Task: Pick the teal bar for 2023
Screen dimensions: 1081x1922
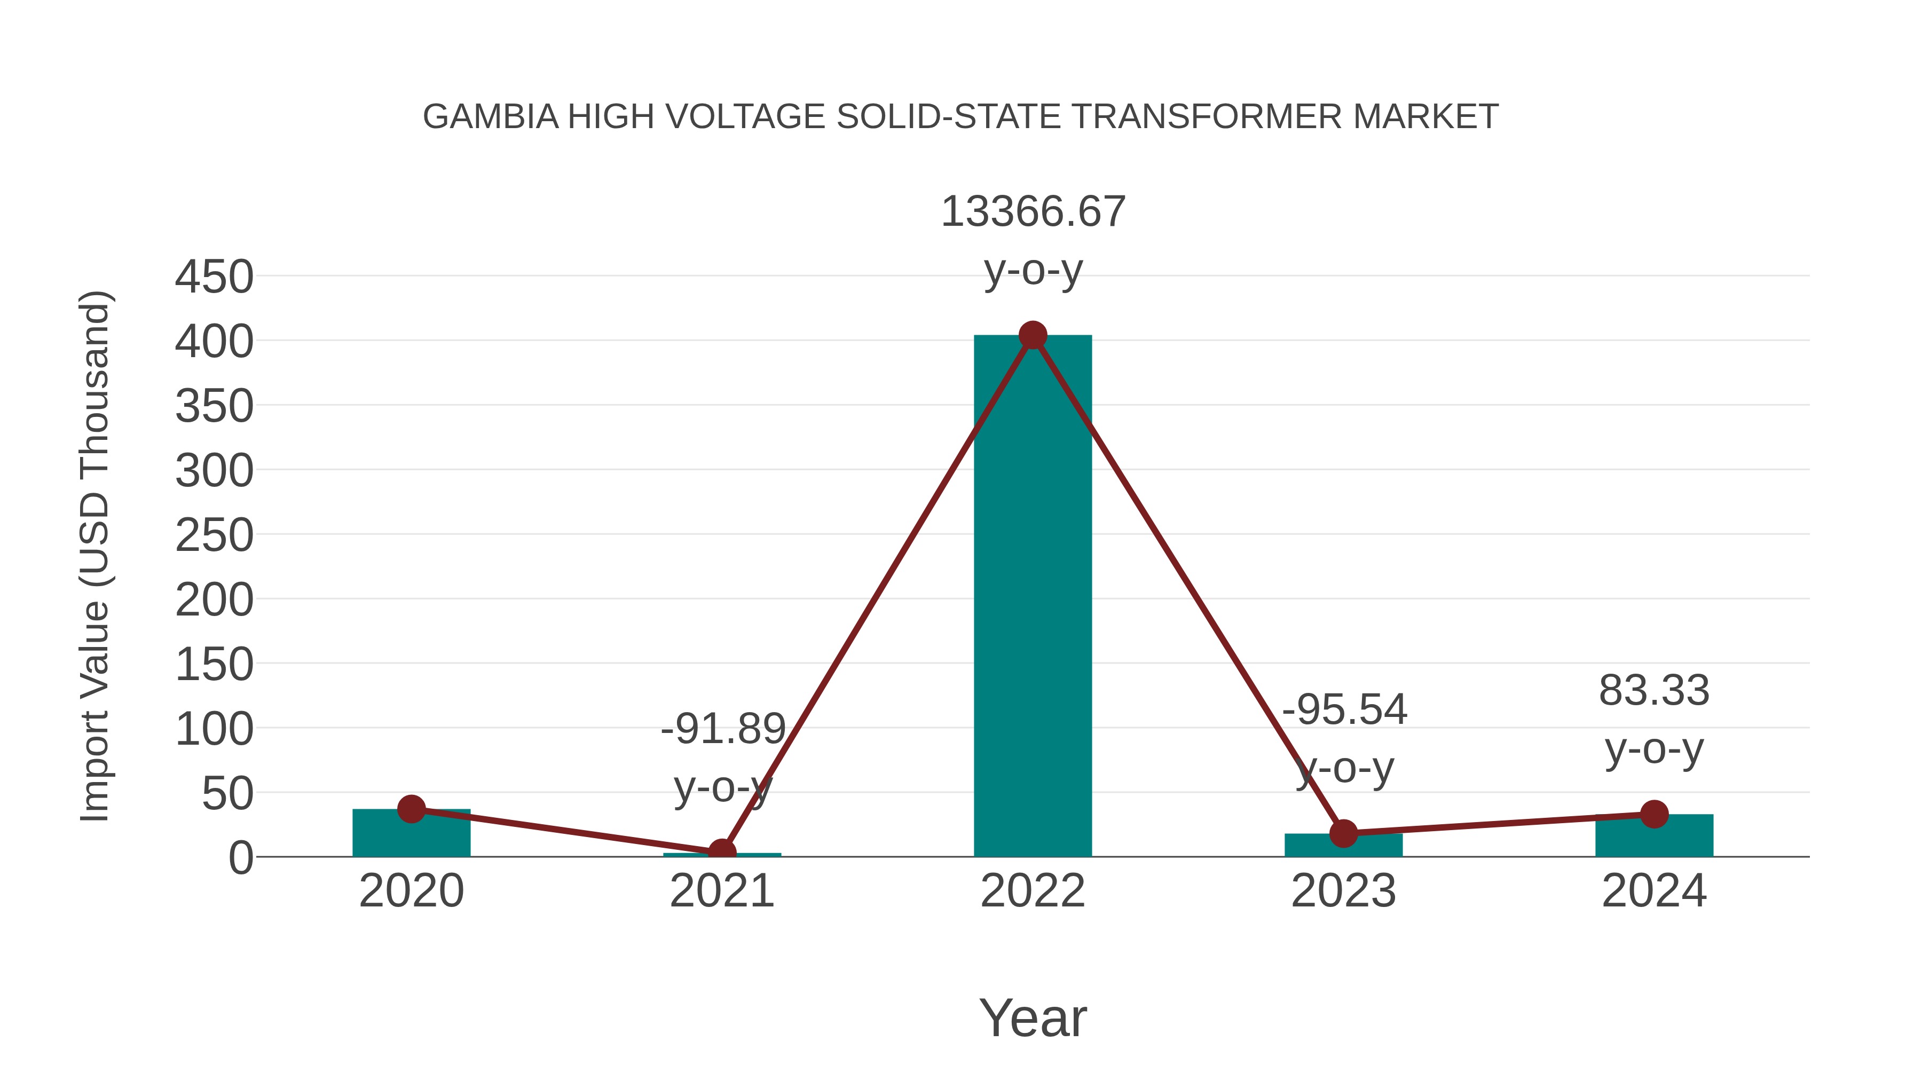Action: click(x=1343, y=845)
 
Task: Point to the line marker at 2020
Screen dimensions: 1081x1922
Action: click(x=411, y=809)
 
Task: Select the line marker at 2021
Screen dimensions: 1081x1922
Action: click(x=721, y=852)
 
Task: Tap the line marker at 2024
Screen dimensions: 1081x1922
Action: click(x=1654, y=814)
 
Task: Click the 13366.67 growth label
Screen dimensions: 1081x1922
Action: click(x=1033, y=212)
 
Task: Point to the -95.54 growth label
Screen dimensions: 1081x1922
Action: click(x=1344, y=709)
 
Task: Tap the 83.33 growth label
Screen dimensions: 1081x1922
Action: click(x=1654, y=691)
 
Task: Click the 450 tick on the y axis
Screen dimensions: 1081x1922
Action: click(x=214, y=278)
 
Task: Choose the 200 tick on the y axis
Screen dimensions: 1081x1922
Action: click(x=214, y=600)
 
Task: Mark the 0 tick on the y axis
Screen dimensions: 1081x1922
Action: click(x=241, y=858)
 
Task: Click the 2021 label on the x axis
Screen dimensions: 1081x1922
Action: click(x=721, y=891)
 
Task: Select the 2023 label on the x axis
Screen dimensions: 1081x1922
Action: click(x=1343, y=891)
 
